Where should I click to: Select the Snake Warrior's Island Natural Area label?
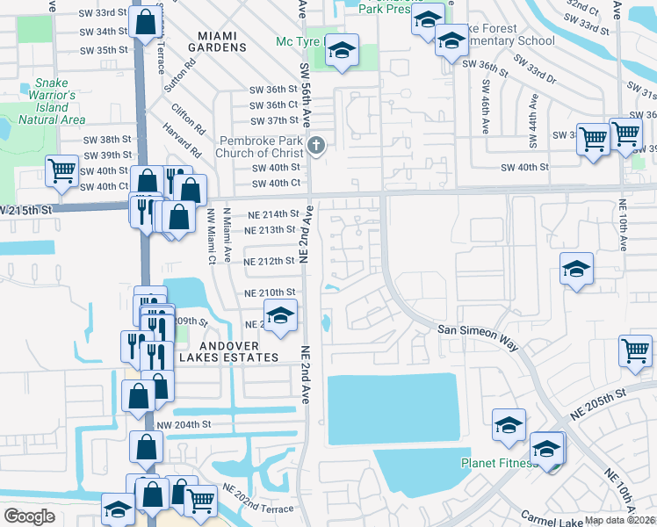(52, 102)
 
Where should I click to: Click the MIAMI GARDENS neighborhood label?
(218, 40)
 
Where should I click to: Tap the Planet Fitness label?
(499, 463)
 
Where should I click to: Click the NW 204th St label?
(184, 424)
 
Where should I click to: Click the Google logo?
(30, 516)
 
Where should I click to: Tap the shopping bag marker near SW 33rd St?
(145, 21)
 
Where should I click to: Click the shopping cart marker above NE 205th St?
(635, 350)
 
